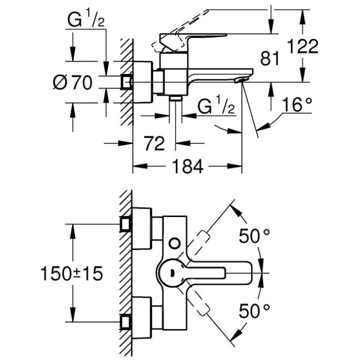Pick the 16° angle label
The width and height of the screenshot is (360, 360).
pyautogui.click(x=297, y=106)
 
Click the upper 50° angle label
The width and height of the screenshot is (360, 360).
pyautogui.click(x=254, y=237)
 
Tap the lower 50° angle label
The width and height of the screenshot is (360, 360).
pyautogui.click(x=254, y=310)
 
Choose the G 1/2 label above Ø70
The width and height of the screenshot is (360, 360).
pyautogui.click(x=86, y=21)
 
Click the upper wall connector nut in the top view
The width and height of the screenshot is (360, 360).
pyautogui.click(x=126, y=224)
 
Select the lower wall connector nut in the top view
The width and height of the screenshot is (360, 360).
pyautogui.click(x=126, y=322)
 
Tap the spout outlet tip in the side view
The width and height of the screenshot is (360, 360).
pyautogui.click(x=240, y=80)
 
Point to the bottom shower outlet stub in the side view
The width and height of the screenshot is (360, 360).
pyautogui.click(x=176, y=98)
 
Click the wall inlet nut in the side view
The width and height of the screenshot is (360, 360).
pyautogui.click(x=126, y=81)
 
